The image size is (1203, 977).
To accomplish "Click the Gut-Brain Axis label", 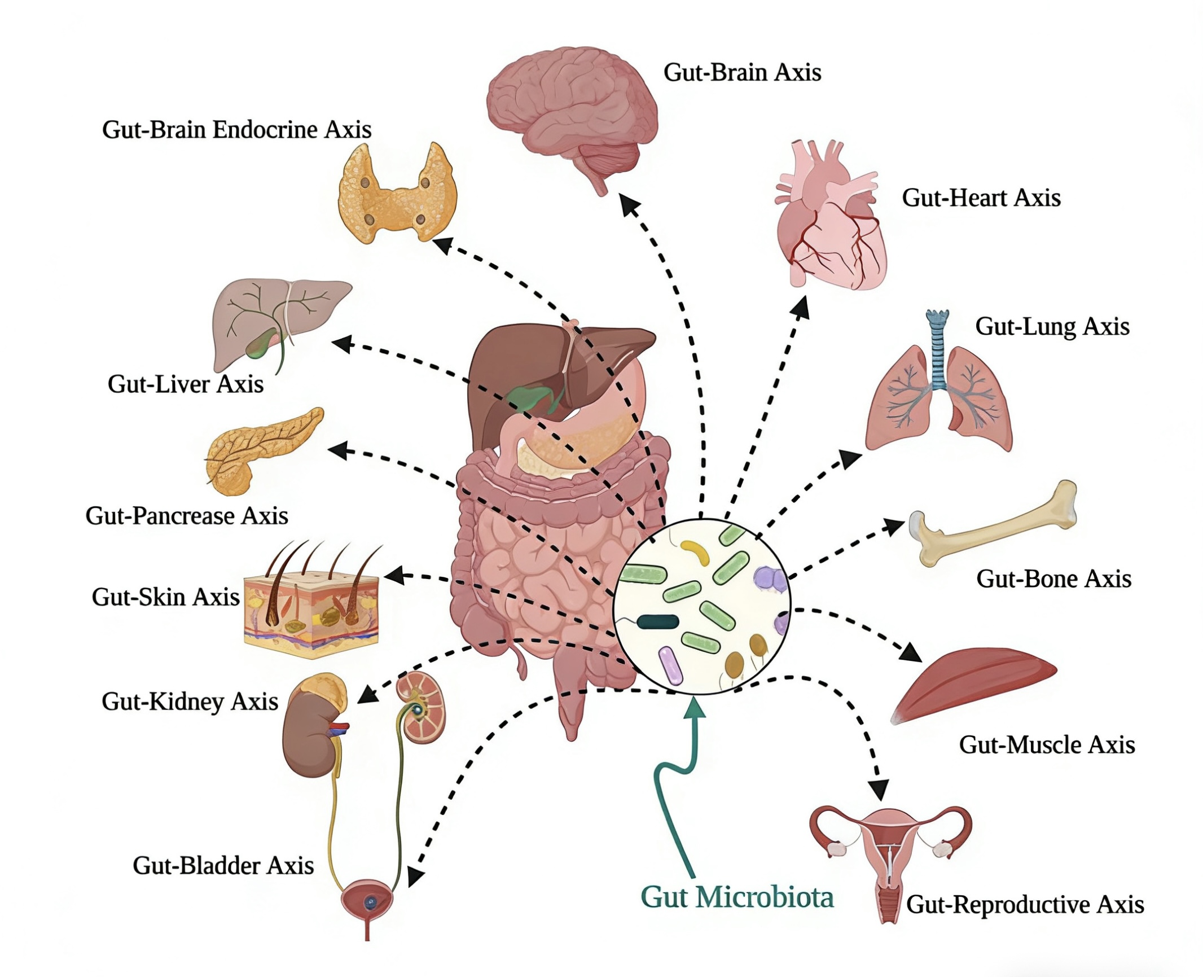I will pyautogui.click(x=742, y=73).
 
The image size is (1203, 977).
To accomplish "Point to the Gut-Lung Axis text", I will pyautogui.click(x=1052, y=327).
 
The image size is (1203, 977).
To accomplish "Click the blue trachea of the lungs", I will pyautogui.click(x=937, y=350).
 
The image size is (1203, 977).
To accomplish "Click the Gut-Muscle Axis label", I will pyautogui.click(x=1047, y=745).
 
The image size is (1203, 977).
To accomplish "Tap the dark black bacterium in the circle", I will pyautogui.click(x=658, y=622).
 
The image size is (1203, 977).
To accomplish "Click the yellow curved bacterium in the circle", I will pyautogui.click(x=697, y=553).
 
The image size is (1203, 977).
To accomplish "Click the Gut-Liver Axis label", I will pyautogui.click(x=186, y=384).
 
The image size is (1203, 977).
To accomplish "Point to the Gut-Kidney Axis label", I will pyautogui.click(x=190, y=702).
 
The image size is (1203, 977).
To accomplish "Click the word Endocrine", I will pyautogui.click(x=265, y=130).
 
